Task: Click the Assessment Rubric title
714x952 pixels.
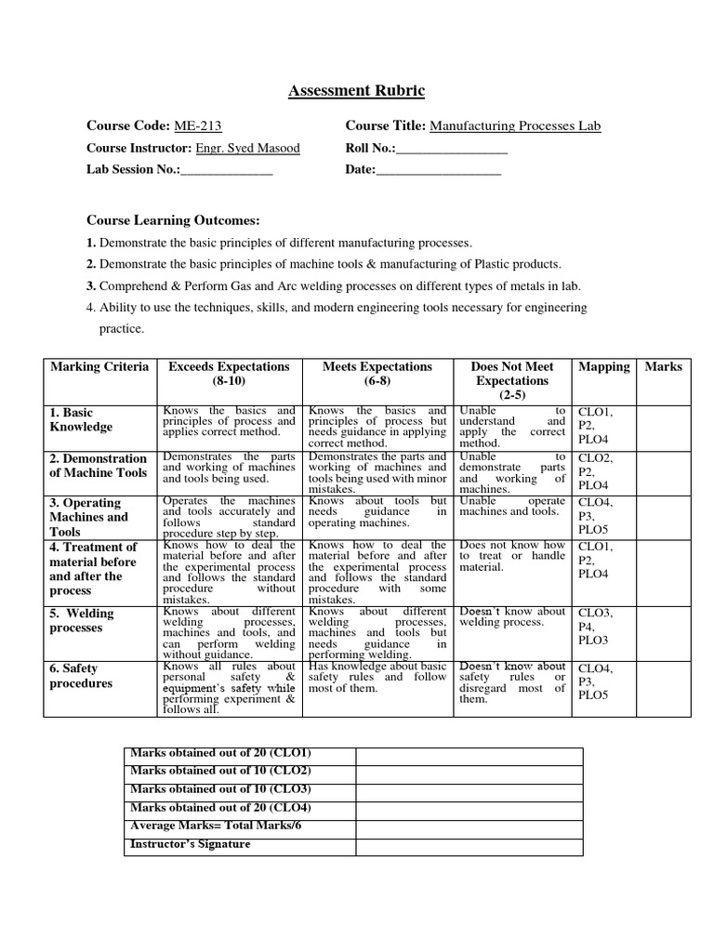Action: tap(357, 91)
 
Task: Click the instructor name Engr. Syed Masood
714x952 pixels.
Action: tap(248, 148)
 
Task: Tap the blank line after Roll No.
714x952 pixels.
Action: tap(452, 148)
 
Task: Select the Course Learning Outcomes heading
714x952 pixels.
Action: tap(173, 220)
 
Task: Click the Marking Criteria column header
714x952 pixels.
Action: tap(99, 366)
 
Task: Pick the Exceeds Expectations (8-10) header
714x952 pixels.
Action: tap(229, 374)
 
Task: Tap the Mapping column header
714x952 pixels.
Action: tap(603, 366)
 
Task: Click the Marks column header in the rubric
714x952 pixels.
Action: tap(664, 366)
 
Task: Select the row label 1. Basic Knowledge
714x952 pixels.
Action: tap(81, 420)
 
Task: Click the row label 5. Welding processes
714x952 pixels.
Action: tap(82, 621)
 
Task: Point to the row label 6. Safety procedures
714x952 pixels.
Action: tap(81, 676)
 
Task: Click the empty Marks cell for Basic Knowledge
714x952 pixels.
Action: tap(664, 427)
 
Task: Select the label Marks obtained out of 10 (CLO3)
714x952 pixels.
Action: tap(220, 789)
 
